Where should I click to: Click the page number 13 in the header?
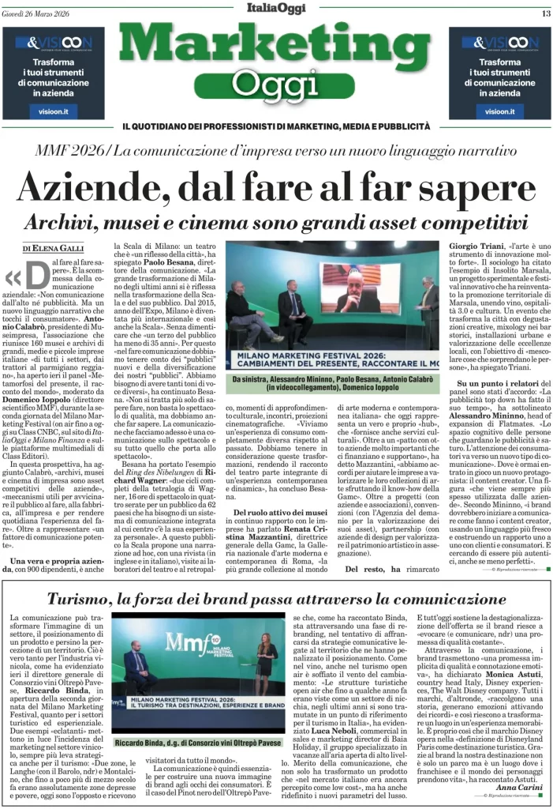(545, 13)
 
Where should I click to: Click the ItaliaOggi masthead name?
(276, 11)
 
